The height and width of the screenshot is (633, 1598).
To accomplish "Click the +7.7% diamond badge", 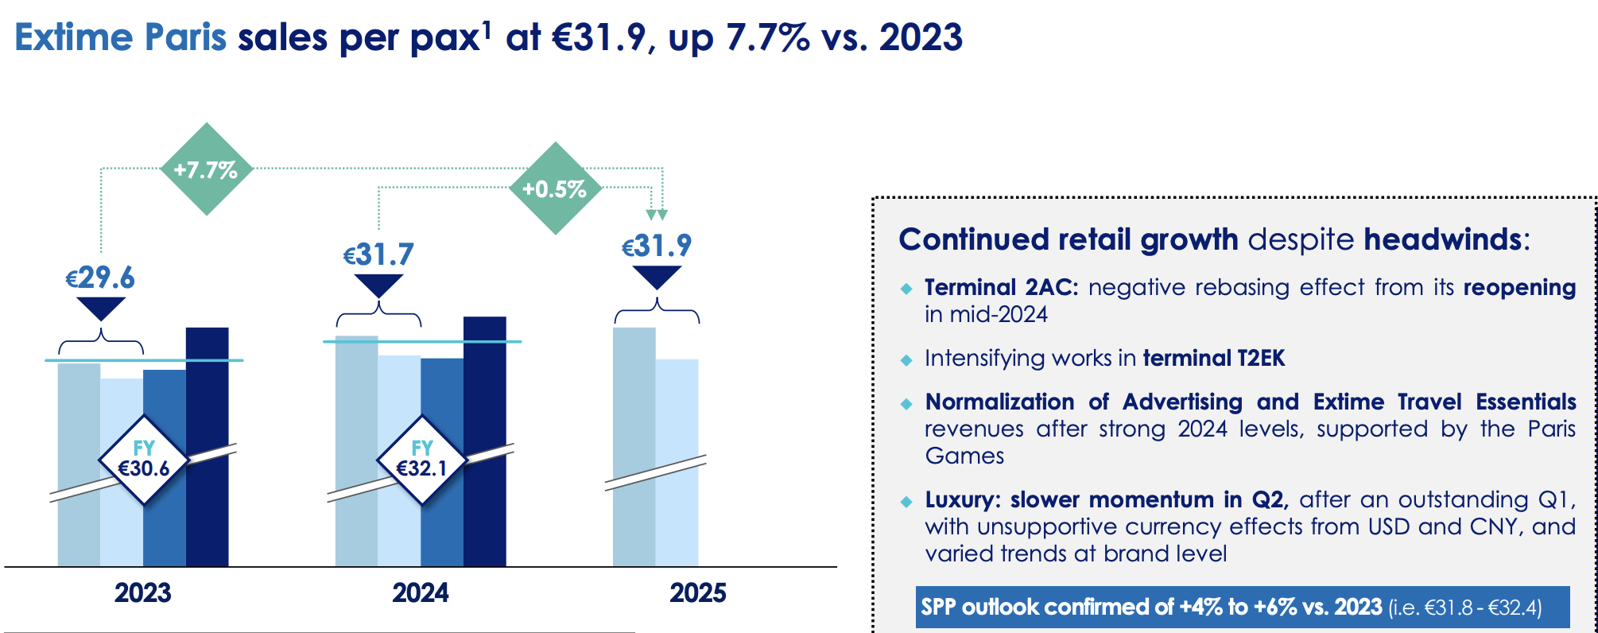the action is (x=207, y=169).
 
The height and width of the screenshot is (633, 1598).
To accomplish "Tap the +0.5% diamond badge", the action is (x=555, y=188).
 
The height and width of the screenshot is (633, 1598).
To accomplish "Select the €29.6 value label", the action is (x=100, y=278).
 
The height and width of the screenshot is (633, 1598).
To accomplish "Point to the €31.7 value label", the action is (x=378, y=254).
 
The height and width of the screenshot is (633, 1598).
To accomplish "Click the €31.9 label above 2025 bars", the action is (x=657, y=246).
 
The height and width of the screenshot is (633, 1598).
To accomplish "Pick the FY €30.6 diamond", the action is (x=144, y=460).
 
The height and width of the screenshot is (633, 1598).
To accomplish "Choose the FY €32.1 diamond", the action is (x=421, y=460).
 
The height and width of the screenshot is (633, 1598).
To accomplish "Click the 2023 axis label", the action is (x=143, y=592).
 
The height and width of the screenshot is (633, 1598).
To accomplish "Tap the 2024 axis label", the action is (x=421, y=592).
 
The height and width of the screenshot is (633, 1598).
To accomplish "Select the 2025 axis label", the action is (x=698, y=592).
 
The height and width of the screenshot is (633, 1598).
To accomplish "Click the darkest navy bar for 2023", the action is (x=208, y=447).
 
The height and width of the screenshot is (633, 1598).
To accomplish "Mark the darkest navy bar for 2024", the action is (x=485, y=441).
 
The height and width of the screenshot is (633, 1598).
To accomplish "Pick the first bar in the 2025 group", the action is (x=634, y=447).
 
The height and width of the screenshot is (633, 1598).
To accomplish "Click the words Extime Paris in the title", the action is (x=121, y=37).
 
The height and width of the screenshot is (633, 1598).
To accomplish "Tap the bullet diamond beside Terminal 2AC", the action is (x=906, y=289).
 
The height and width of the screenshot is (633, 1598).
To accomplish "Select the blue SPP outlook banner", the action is (x=1243, y=608).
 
